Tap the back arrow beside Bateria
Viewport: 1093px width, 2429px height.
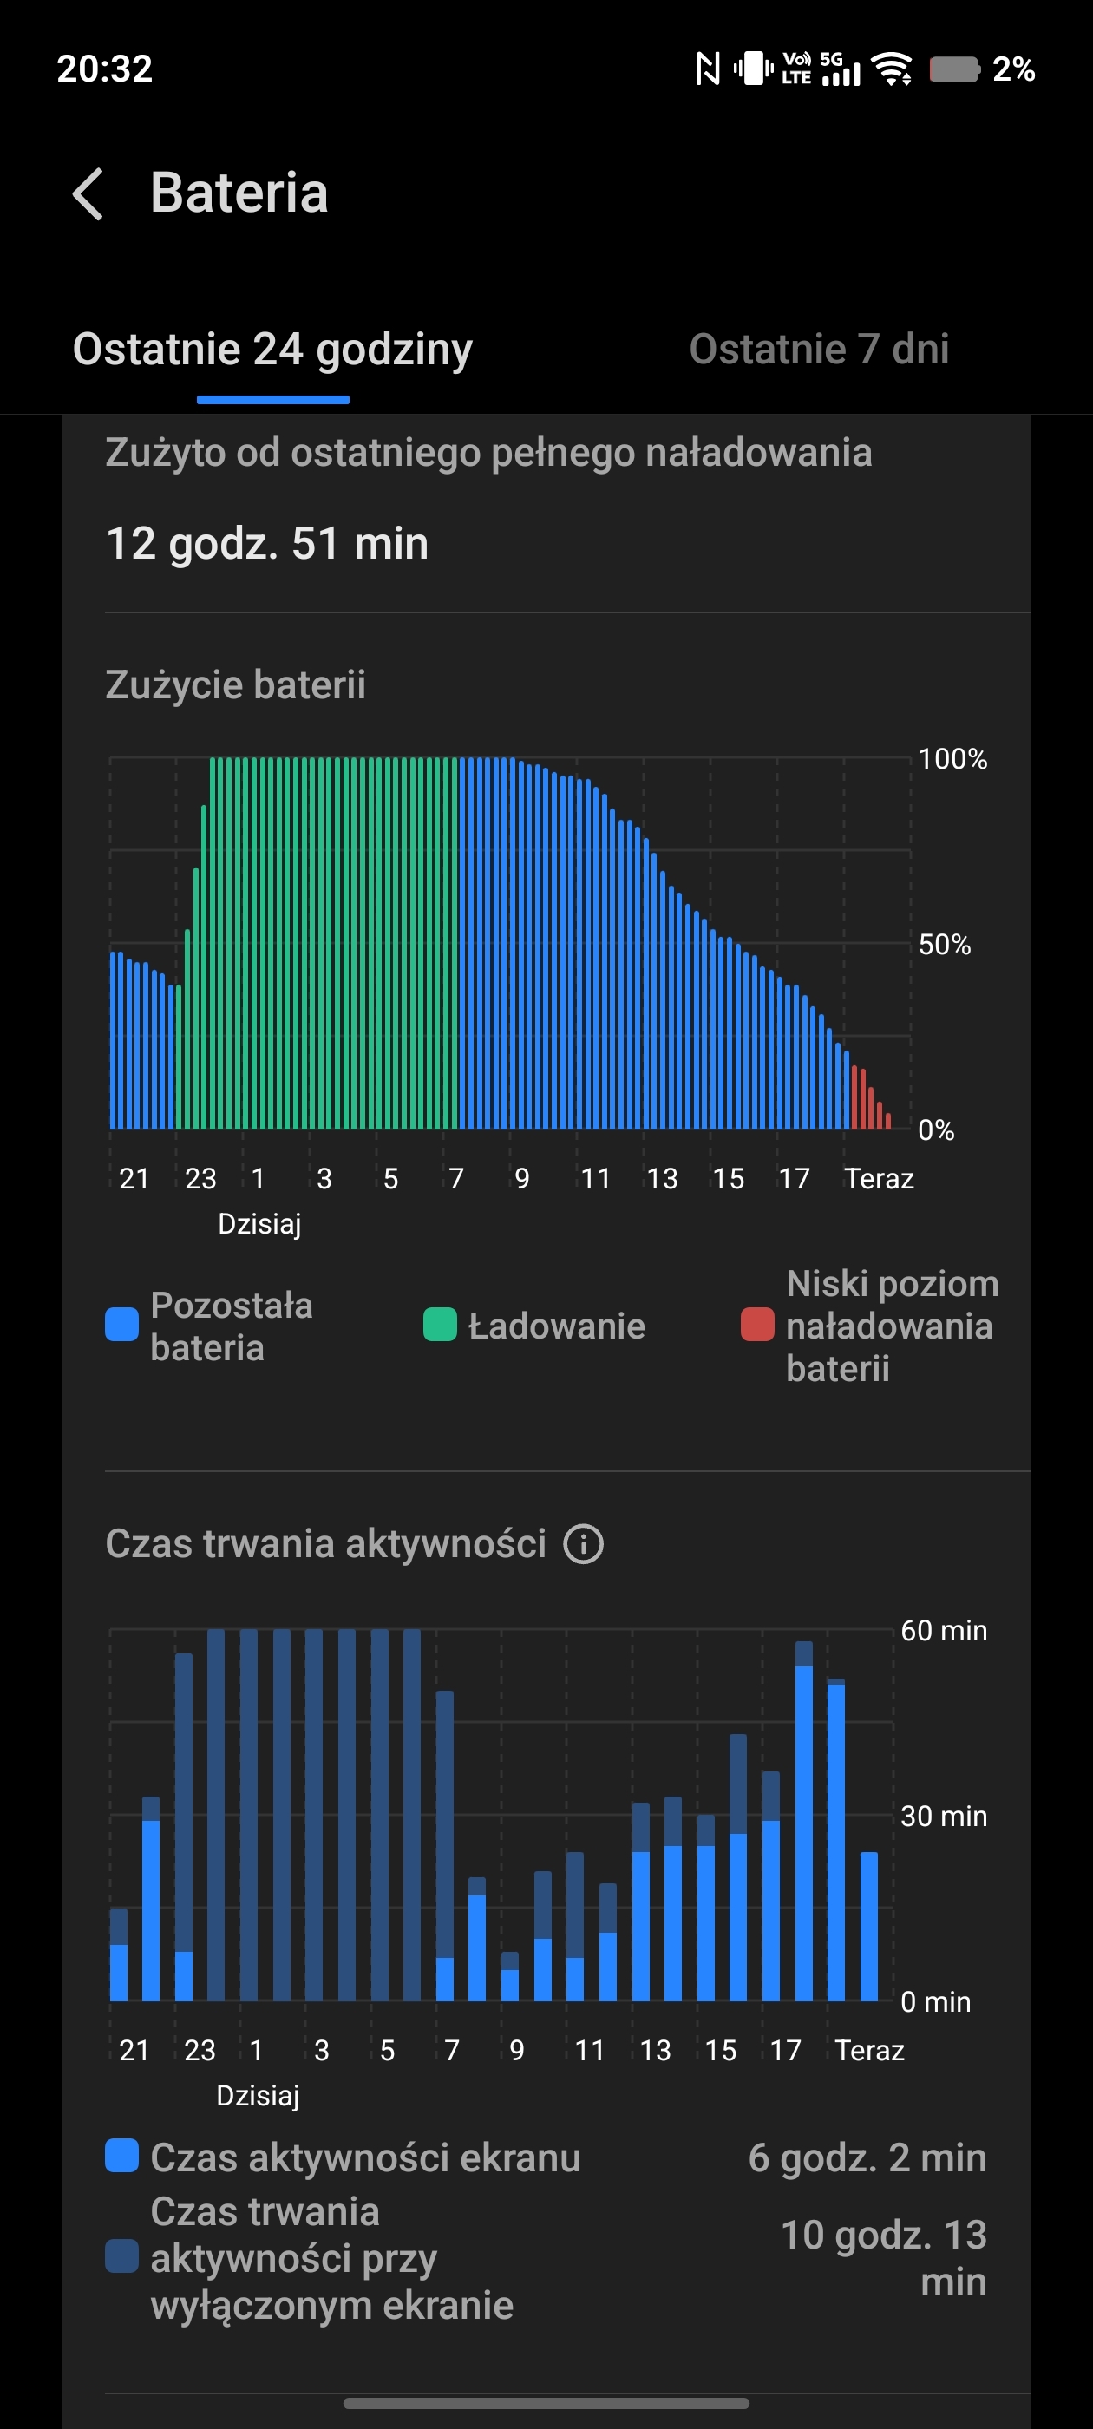88,194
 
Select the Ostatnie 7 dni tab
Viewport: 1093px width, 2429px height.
819,349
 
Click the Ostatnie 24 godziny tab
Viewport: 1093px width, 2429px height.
272,349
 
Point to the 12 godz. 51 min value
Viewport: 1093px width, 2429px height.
268,544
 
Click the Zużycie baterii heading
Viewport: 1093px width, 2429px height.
236,684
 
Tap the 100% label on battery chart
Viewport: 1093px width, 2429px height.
952,759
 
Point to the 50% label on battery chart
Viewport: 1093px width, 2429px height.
944,944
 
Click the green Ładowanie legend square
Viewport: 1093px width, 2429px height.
441,1325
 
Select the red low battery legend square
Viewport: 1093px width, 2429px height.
757,1325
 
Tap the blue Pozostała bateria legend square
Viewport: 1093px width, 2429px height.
121,1325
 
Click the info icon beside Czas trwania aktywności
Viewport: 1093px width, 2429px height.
584,1544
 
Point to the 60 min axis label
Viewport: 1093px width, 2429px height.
943,1630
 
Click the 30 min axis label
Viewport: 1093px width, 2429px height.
943,1816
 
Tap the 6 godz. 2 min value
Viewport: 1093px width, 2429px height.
867,2157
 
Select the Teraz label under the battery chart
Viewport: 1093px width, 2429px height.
879,1179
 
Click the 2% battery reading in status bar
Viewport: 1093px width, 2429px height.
1014,69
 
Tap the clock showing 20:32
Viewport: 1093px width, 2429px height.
105,69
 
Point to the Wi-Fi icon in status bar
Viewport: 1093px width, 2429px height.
891,69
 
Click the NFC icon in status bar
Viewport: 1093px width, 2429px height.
707,69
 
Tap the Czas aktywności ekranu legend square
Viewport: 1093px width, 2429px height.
121,2157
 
